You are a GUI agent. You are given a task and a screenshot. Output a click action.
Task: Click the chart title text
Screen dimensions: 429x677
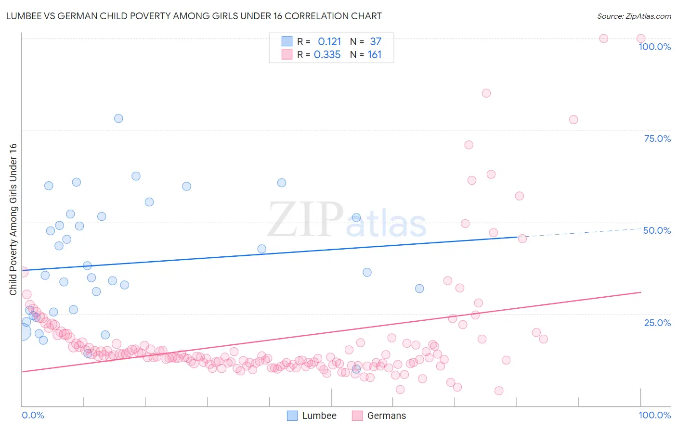click(x=194, y=16)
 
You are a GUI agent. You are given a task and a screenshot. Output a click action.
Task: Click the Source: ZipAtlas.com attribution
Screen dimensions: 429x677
click(x=634, y=16)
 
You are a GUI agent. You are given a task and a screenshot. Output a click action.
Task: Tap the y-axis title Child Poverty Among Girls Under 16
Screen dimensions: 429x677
click(x=13, y=219)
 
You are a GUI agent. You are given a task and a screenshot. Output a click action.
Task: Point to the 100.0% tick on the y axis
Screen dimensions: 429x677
click(x=654, y=47)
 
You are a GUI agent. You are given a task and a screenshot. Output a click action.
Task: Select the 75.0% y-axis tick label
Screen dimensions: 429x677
click(x=657, y=139)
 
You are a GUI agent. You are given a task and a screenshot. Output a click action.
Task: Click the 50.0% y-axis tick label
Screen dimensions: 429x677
click(x=657, y=230)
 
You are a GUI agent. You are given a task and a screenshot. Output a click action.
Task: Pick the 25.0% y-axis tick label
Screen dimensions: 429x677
click(x=657, y=322)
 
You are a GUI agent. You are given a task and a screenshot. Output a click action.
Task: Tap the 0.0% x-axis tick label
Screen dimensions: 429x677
click(x=33, y=415)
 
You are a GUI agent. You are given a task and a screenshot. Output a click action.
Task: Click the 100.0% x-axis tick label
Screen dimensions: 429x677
click(x=654, y=415)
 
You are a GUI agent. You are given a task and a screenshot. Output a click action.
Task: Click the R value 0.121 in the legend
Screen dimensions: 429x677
click(x=329, y=42)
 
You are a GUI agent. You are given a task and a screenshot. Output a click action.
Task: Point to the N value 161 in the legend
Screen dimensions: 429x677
click(x=375, y=55)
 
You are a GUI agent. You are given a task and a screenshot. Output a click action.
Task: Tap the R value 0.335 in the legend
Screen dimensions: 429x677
click(x=327, y=55)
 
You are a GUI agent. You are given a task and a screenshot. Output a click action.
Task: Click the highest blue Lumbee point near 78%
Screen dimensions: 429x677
click(x=118, y=118)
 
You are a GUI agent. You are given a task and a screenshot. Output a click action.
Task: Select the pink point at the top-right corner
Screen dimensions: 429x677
click(x=641, y=38)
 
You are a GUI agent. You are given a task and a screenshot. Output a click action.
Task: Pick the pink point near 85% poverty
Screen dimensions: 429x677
click(x=486, y=93)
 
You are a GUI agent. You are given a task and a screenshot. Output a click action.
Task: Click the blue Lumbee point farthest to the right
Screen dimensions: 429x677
click(x=419, y=289)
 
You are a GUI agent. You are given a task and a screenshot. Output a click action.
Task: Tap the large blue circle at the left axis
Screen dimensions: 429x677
click(x=22, y=331)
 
